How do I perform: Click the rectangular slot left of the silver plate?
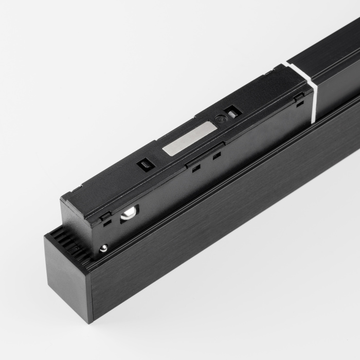(145, 165)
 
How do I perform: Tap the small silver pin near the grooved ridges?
(103, 248)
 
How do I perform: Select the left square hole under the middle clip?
(195, 168)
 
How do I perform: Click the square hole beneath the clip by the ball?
(107, 223)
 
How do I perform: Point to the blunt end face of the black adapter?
(77, 216)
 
